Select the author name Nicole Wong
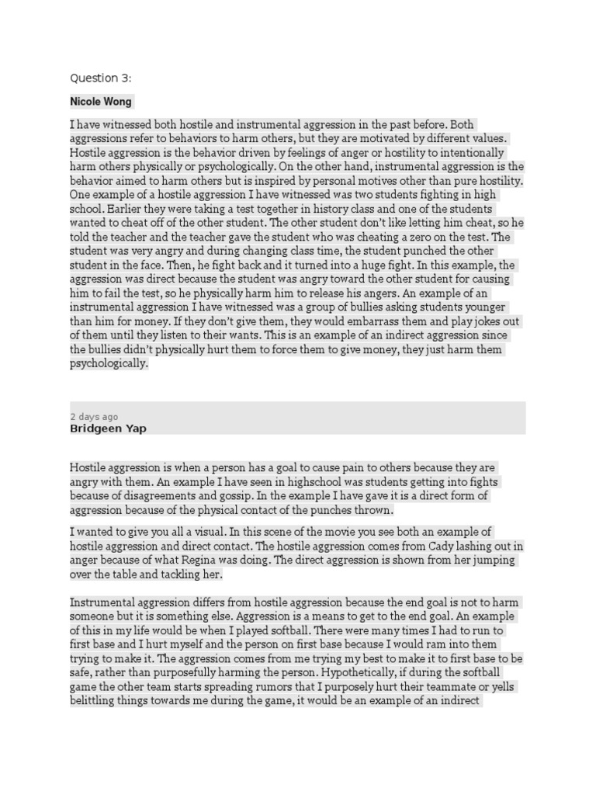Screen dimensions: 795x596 coord(101,102)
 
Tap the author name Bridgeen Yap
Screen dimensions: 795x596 coord(108,428)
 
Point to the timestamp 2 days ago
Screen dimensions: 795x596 coord(94,417)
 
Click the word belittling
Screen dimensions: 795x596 coord(95,700)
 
